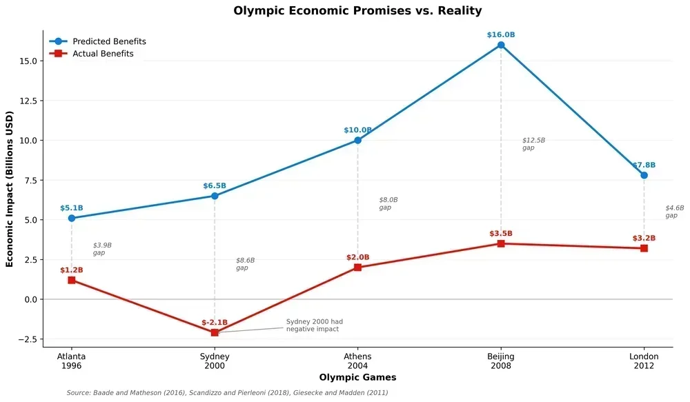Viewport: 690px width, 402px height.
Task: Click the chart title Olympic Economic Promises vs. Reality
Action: (357, 11)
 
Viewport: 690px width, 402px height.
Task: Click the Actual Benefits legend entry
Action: (103, 54)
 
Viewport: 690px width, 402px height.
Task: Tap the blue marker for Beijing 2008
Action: (501, 45)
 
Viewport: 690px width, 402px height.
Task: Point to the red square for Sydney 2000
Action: (215, 332)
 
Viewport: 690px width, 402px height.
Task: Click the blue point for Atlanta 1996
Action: (72, 218)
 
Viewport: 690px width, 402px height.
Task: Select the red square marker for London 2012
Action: (644, 248)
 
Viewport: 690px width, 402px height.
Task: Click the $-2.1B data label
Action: (215, 322)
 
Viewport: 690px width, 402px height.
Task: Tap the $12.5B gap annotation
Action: (533, 143)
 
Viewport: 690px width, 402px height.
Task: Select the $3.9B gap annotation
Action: (102, 248)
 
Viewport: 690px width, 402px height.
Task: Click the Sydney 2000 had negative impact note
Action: (314, 325)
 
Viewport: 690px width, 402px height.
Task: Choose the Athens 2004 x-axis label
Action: (357, 361)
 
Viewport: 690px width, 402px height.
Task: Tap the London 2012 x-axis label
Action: (644, 361)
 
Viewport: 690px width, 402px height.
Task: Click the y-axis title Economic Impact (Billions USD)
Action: (10, 188)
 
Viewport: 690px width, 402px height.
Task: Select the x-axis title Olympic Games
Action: (357, 378)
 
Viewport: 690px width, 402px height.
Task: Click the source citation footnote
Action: (227, 393)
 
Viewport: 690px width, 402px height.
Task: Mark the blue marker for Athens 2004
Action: (357, 140)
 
